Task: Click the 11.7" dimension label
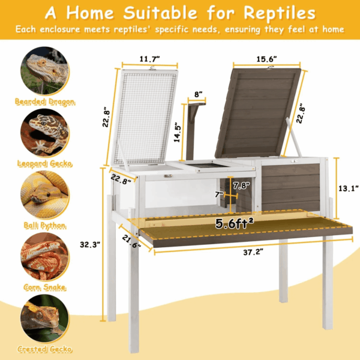[149, 59]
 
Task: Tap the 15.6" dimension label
[266, 59]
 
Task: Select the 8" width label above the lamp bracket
[199, 94]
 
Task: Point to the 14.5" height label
[177, 134]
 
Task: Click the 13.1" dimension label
[349, 188]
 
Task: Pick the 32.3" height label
[90, 245]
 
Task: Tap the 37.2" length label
[253, 253]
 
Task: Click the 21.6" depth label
[131, 241]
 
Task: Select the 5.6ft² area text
[235, 223]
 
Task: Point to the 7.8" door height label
[241, 185]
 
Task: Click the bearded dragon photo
[45, 71]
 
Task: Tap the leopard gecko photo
[45, 133]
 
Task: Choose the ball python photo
[45, 194]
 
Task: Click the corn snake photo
[45, 256]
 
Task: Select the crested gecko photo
[45, 319]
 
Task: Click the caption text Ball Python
[45, 226]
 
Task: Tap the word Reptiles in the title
[280, 13]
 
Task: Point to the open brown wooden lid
[258, 113]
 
